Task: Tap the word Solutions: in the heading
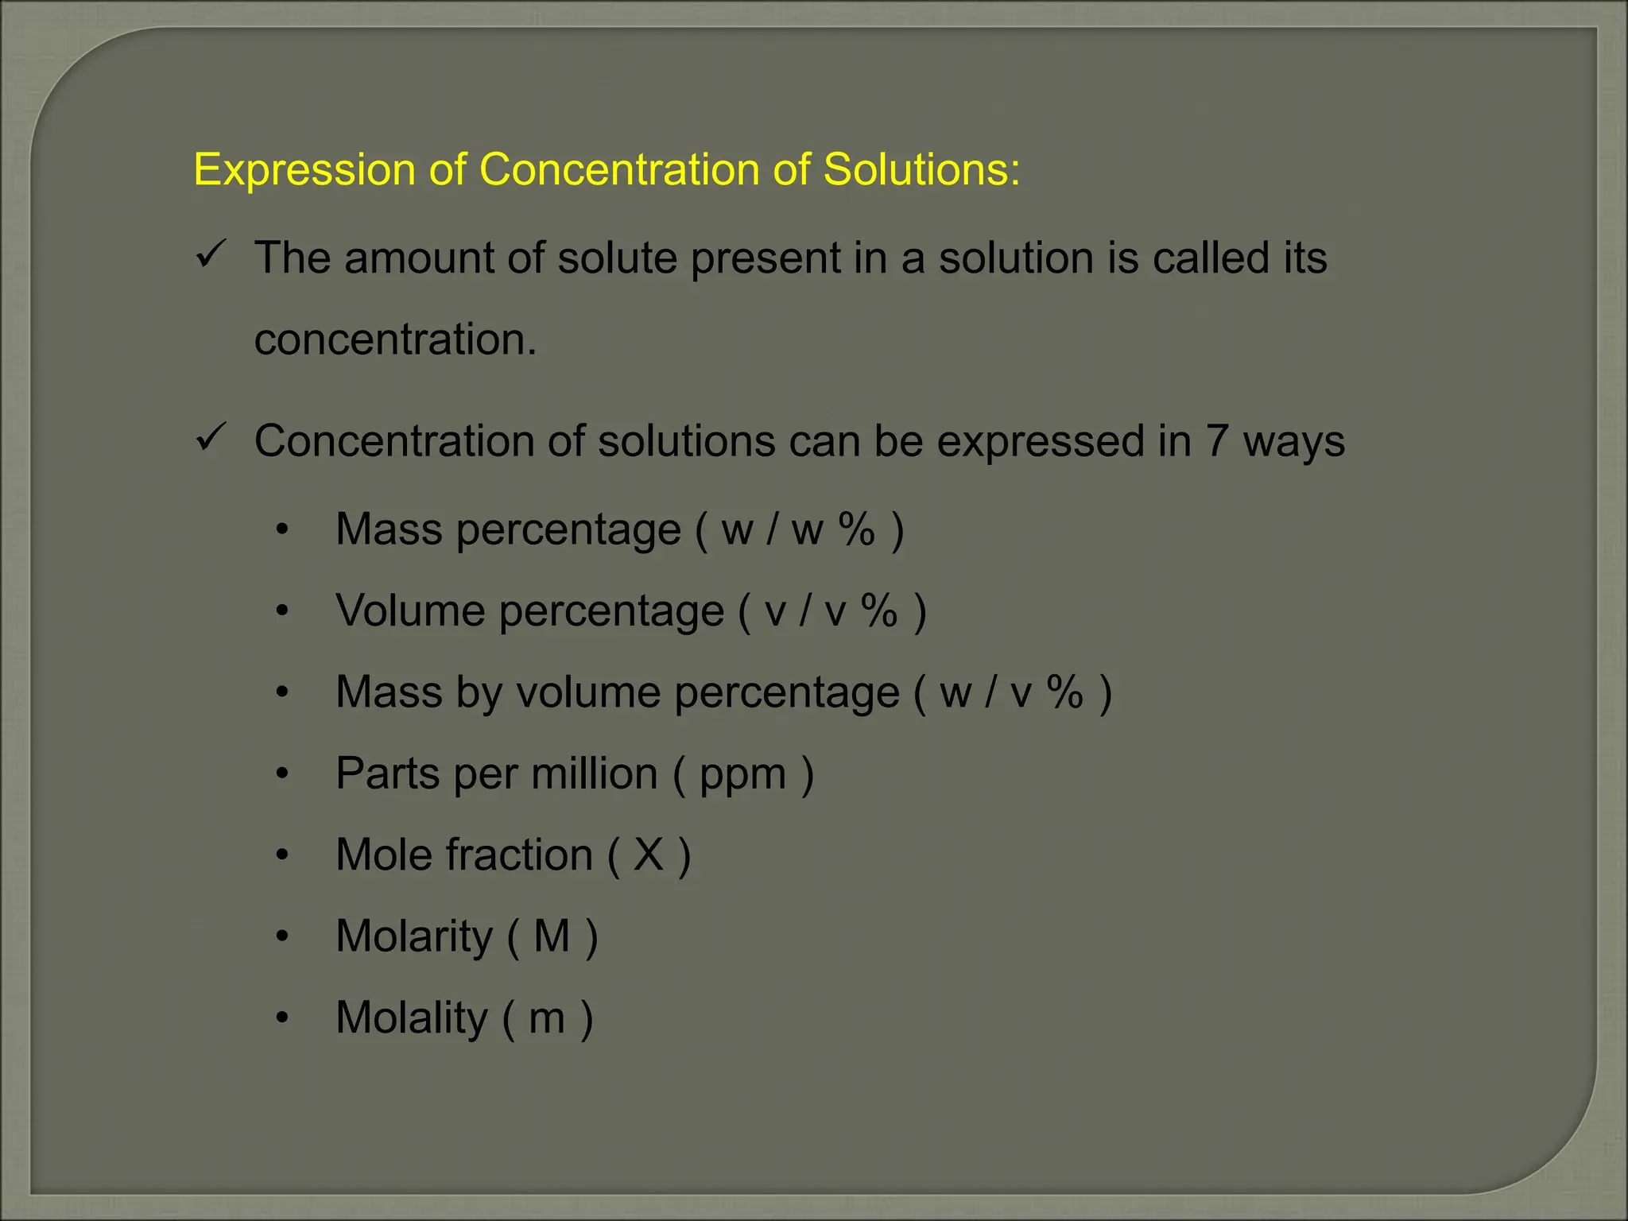[921, 170]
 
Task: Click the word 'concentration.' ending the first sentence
[395, 340]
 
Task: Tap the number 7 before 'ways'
[1217, 441]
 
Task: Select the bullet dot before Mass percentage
[282, 530]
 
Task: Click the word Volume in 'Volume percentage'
[410, 611]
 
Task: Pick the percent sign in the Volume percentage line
[879, 611]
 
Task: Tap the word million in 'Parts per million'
[595, 774]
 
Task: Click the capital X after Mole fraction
[649, 855]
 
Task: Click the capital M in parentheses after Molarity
[552, 936]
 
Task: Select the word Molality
[412, 1018]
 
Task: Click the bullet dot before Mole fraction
[282, 855]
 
